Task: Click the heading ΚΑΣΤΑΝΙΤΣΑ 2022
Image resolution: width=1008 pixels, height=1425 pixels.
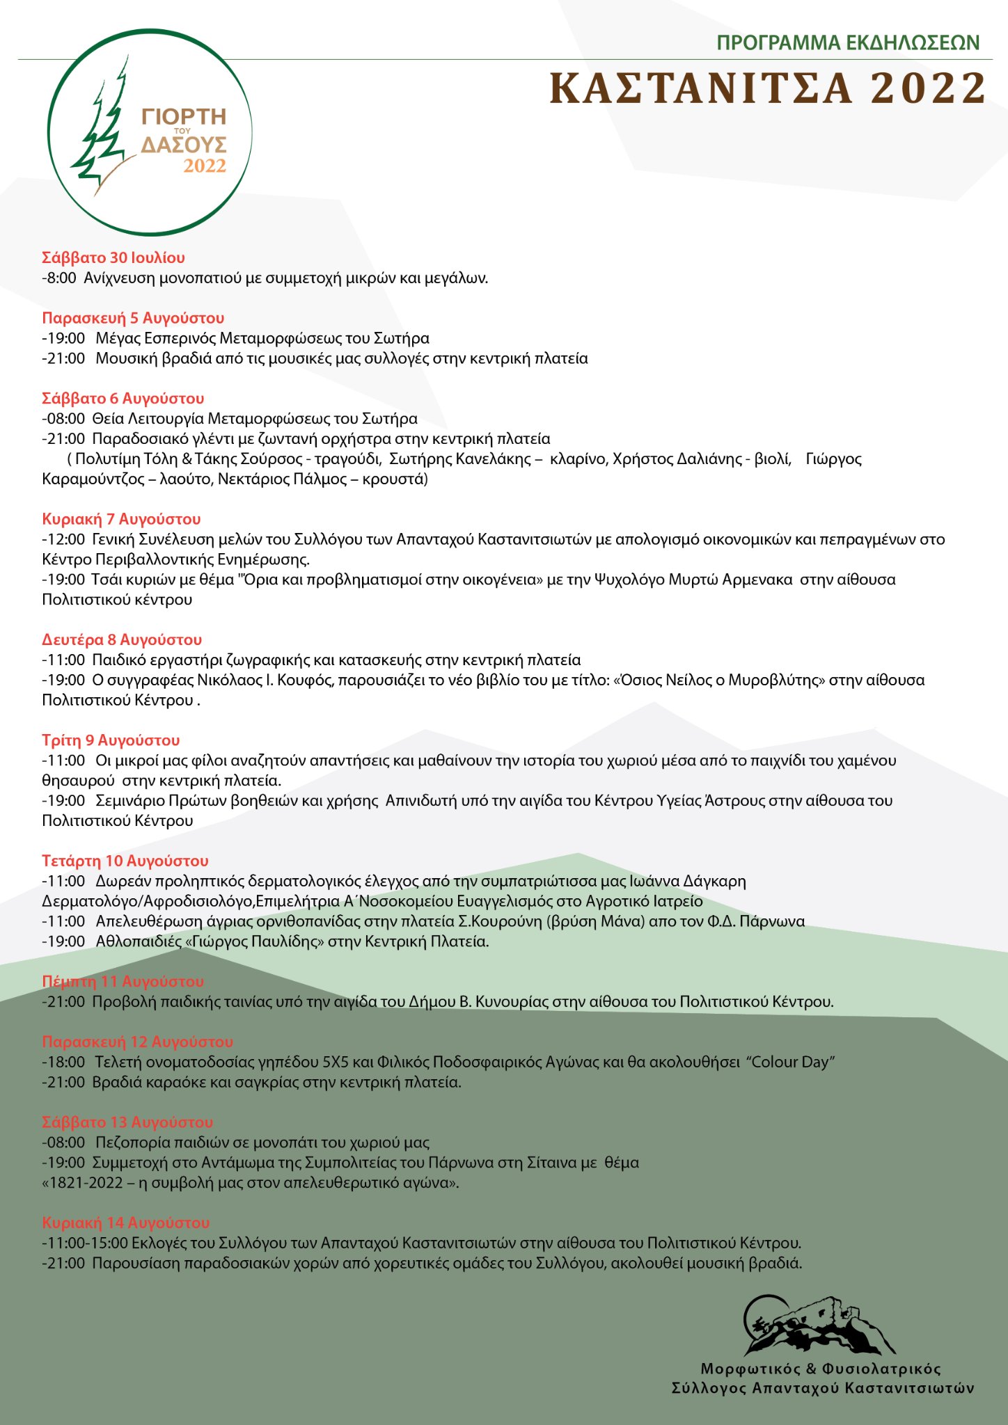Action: click(768, 89)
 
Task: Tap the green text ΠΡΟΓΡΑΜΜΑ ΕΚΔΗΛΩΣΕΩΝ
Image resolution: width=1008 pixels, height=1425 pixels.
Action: click(848, 43)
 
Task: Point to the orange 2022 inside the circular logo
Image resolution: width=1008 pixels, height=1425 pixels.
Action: click(205, 166)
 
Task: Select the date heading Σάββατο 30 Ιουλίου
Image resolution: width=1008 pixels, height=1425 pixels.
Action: click(113, 258)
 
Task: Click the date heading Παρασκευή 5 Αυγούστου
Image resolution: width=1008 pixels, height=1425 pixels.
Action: click(133, 319)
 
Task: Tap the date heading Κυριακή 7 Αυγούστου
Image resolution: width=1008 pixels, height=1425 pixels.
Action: click(121, 519)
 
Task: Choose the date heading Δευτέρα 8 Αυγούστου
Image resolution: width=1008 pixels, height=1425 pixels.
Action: click(122, 640)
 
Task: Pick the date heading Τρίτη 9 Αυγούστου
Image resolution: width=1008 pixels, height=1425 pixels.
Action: click(111, 740)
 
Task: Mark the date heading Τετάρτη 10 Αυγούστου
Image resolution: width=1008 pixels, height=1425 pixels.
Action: click(125, 861)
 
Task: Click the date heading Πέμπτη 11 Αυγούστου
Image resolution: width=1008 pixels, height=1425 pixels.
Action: click(123, 982)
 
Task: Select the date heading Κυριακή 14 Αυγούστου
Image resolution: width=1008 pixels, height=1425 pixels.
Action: click(125, 1223)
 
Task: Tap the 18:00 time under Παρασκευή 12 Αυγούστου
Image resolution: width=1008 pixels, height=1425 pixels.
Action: click(65, 1062)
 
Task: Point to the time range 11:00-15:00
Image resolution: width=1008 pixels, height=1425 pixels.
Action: click(87, 1243)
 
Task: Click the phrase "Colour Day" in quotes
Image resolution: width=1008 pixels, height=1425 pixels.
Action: click(791, 1062)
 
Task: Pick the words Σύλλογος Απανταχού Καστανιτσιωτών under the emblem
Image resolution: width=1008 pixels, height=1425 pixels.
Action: click(823, 1388)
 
